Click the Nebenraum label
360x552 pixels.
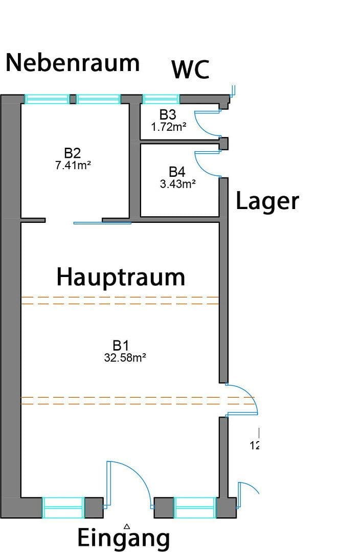[72, 63]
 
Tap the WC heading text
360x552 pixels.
[190, 70]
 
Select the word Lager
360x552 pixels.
[267, 201]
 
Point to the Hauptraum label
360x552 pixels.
[121, 277]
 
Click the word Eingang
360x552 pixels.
[123, 538]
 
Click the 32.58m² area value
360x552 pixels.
[125, 358]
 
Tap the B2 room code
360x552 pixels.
[73, 153]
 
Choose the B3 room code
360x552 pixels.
[168, 115]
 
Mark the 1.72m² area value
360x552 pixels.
[168, 127]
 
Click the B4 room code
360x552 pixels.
[177, 172]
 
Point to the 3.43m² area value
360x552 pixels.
[177, 184]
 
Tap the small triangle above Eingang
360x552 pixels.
[127, 525]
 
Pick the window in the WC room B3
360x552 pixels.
[161, 99]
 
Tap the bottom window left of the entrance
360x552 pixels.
[63, 508]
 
